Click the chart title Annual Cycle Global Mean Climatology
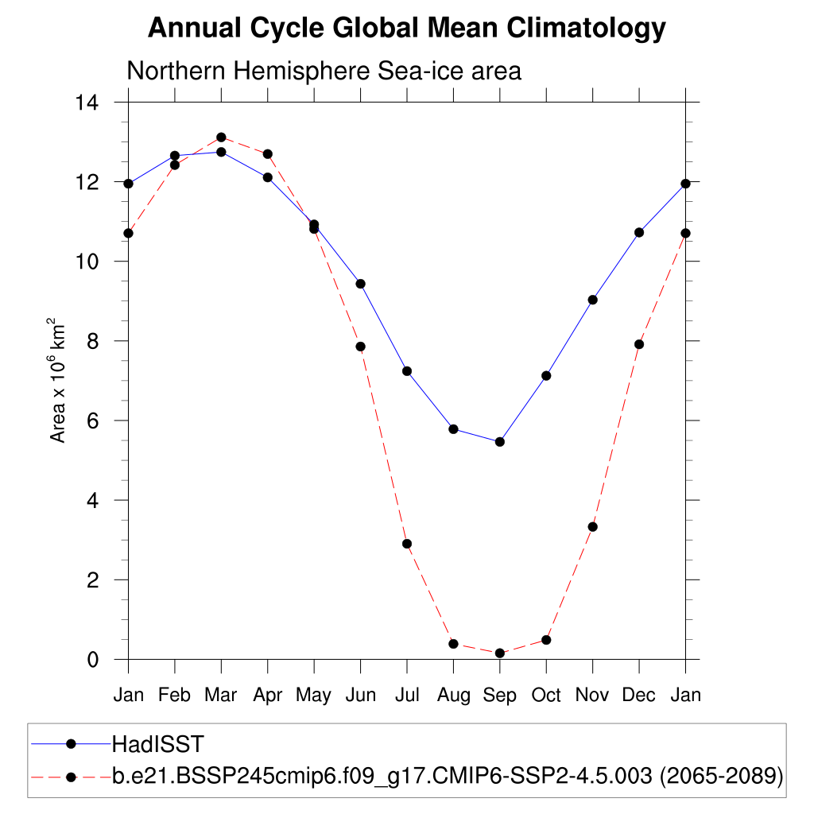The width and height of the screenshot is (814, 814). (x=406, y=29)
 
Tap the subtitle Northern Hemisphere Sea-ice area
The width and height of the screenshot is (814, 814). (x=324, y=71)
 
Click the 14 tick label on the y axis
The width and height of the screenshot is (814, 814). (x=86, y=103)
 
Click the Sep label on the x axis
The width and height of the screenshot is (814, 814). (x=499, y=696)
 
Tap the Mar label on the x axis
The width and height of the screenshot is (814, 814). (x=221, y=696)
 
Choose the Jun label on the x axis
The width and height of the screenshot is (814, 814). (x=360, y=696)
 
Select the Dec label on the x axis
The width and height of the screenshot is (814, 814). (x=638, y=696)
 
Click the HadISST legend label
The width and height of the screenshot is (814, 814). (x=158, y=744)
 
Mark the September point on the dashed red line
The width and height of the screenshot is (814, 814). (x=500, y=653)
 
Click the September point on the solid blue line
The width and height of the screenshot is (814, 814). (x=500, y=442)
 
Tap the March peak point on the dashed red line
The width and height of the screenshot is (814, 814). (x=221, y=138)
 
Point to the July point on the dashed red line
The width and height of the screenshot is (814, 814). (x=407, y=544)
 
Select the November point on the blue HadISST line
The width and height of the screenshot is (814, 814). (x=592, y=300)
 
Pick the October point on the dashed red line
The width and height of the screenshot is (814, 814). (x=546, y=640)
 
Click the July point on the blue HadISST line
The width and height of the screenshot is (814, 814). (x=407, y=371)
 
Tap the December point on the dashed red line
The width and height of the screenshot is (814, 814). (x=639, y=344)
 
